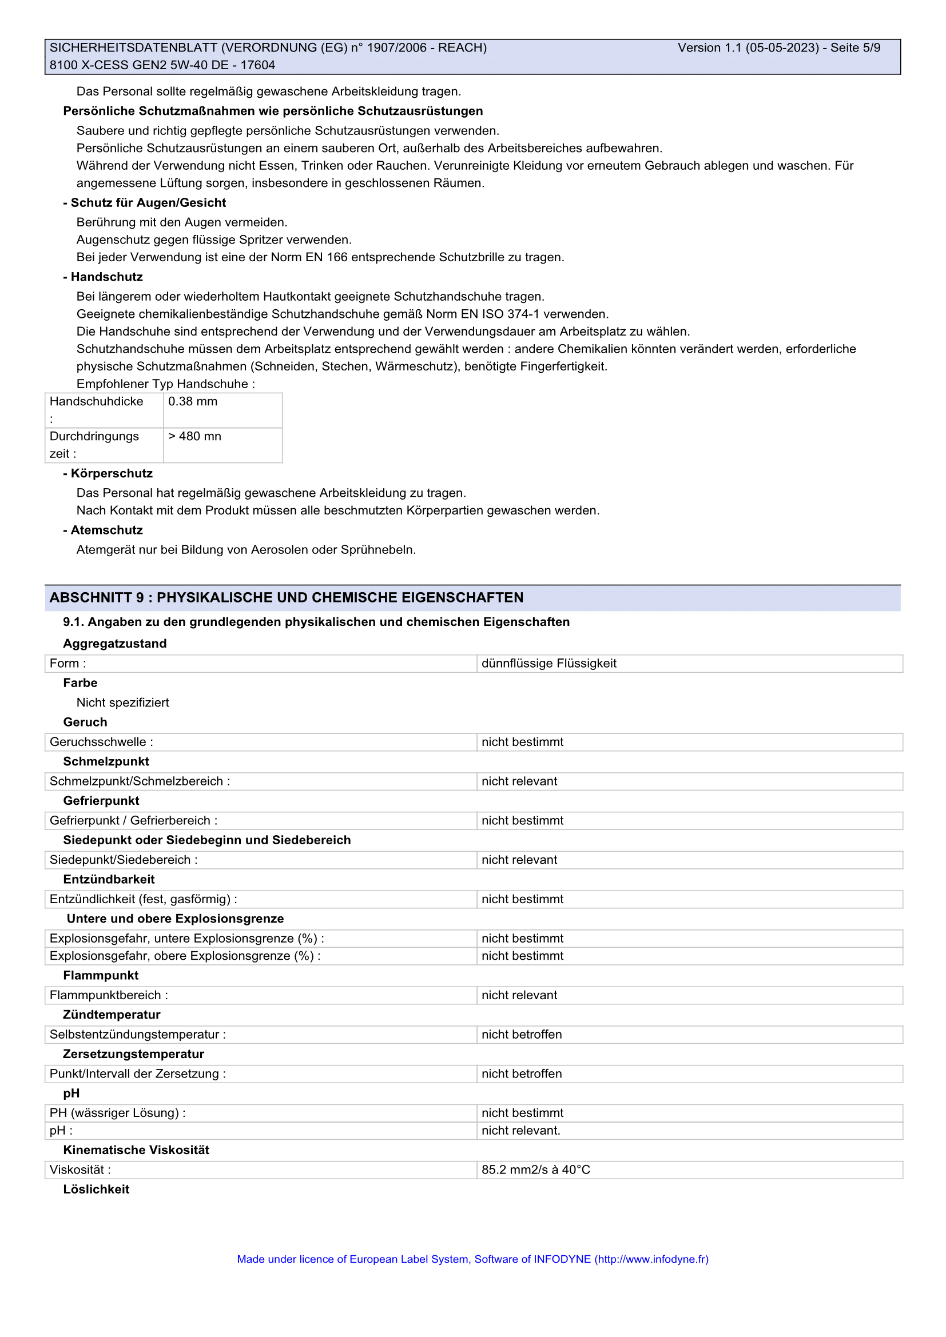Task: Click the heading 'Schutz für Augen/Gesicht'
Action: click(148, 203)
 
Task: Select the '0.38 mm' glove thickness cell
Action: click(193, 402)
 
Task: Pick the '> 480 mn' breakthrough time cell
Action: click(194, 437)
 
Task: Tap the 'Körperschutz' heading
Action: click(112, 473)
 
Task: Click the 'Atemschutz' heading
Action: click(106, 530)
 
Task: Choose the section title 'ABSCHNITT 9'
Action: click(97, 598)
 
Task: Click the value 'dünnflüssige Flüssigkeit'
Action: click(548, 664)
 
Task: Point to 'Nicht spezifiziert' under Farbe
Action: click(122, 703)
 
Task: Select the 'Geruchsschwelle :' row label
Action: click(101, 743)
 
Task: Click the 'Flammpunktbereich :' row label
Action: click(109, 996)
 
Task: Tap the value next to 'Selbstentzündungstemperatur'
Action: click(522, 1035)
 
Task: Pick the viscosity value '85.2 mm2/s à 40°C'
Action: click(536, 1170)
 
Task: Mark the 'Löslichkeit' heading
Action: click(96, 1190)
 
